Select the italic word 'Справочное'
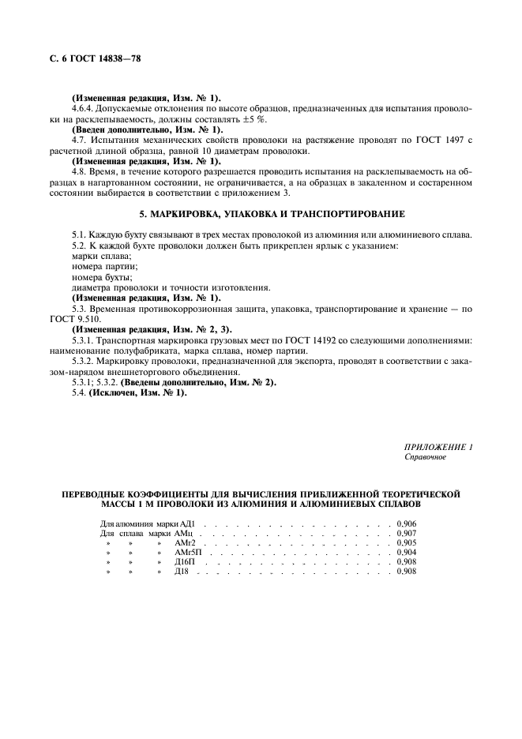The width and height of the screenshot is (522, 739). coord(426,457)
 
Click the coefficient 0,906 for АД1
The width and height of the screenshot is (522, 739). coord(407,523)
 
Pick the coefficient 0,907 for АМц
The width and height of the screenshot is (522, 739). coord(407,533)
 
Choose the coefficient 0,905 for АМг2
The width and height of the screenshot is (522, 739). coord(407,542)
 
